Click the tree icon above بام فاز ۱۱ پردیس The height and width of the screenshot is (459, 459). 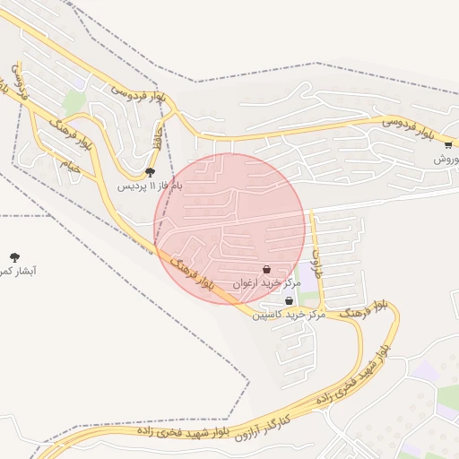point(150,172)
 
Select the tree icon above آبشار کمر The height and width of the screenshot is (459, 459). point(13,256)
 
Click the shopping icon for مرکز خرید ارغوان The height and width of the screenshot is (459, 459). point(267,269)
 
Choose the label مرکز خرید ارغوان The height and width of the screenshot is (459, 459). point(264,282)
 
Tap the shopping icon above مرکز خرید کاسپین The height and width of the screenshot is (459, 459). point(289,301)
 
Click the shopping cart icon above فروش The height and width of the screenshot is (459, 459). point(447,144)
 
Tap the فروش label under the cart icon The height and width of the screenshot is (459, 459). point(446,159)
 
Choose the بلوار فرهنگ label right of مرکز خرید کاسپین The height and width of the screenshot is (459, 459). point(363,309)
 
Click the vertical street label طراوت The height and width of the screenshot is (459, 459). point(316,262)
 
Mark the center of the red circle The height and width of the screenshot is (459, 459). point(229,229)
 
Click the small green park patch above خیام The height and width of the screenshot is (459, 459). point(74,103)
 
